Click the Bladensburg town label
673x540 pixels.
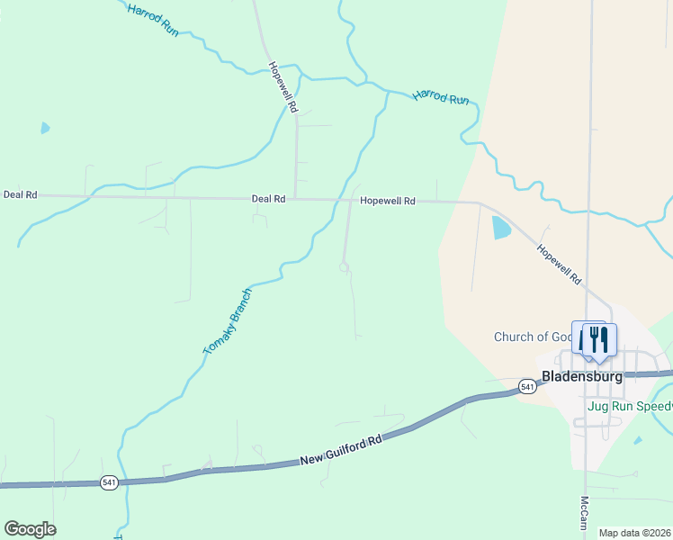581,376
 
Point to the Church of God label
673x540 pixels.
533,337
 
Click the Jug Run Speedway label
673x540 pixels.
629,406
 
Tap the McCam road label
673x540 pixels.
584,513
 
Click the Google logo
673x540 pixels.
30,529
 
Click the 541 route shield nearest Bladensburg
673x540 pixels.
528,387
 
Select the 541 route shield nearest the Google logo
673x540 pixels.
109,483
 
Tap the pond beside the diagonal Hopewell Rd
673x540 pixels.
500,228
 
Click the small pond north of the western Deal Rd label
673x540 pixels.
45,128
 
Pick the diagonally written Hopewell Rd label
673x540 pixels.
559,265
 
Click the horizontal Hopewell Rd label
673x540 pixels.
387,202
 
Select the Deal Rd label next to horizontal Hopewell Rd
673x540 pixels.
268,199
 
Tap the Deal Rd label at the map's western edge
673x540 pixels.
20,194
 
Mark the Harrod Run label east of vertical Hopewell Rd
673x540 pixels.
442,97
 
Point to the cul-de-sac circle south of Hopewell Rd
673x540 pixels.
344,267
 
